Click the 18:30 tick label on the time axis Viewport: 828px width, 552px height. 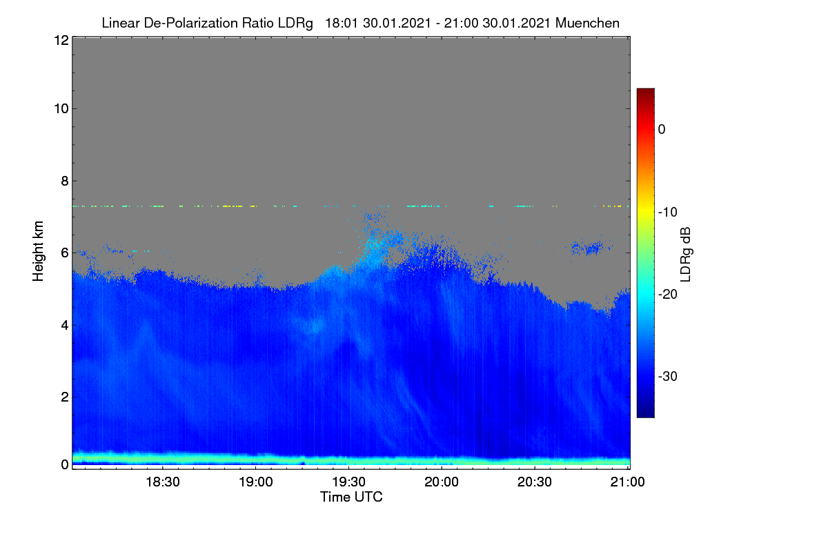163,482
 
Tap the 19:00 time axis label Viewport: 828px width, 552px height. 256,482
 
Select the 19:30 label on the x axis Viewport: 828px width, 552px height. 348,482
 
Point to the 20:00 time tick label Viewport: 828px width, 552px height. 442,482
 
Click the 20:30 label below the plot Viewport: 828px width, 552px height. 535,482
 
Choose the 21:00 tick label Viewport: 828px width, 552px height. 627,482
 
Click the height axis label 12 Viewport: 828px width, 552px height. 61,40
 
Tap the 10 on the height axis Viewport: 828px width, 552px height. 61,109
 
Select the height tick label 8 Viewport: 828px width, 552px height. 65,181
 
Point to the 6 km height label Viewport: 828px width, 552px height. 65,253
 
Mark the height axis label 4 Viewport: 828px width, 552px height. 65,326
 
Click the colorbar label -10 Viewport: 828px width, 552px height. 668,213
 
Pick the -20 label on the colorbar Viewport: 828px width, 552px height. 668,295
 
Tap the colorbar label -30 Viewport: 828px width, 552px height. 668,377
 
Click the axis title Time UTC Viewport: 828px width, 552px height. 351,497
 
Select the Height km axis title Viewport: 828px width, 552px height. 38,251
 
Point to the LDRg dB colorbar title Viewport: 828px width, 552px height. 686,255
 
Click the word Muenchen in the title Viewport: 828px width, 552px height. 587,23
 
